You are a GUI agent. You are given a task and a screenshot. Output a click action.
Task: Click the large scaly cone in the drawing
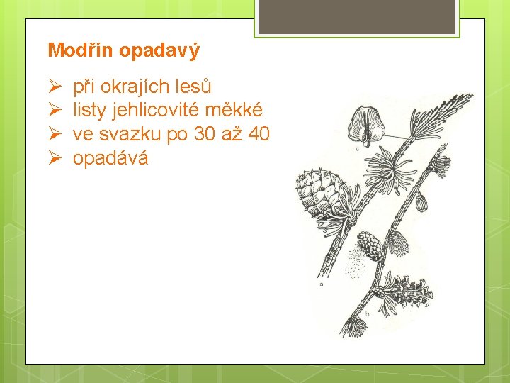(x=319, y=191)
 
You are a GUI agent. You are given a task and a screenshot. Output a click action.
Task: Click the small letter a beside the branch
(x=322, y=284)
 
